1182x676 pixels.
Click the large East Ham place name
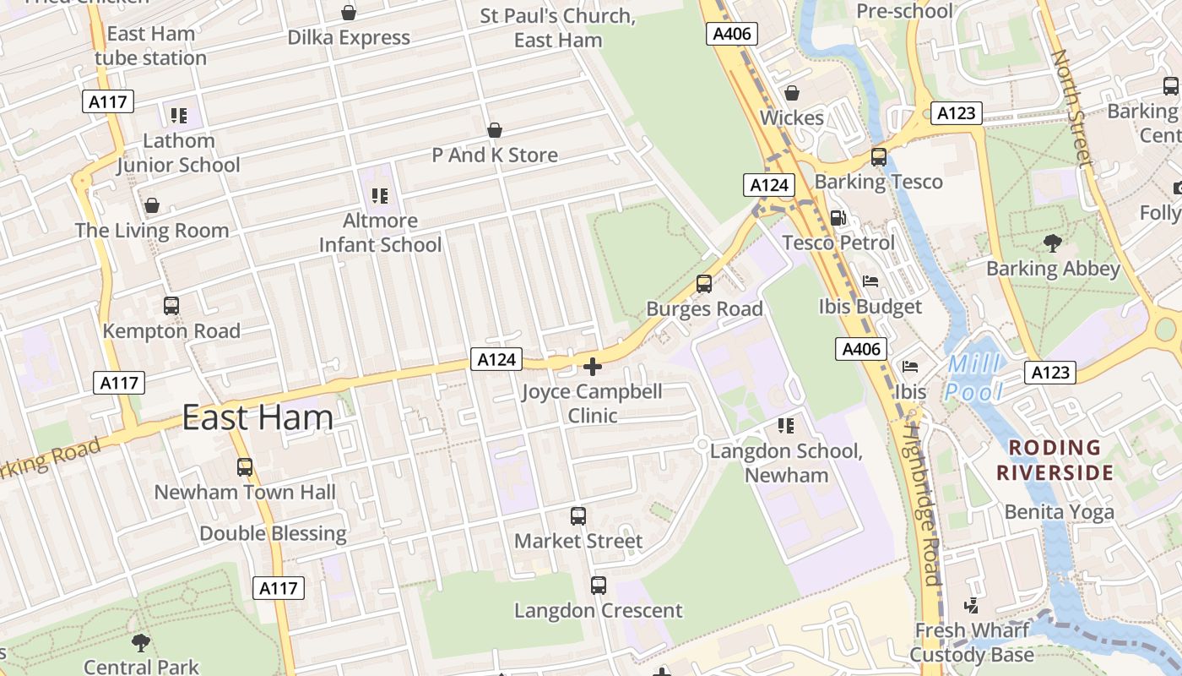(x=258, y=418)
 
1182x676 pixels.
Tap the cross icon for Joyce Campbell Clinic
(x=593, y=367)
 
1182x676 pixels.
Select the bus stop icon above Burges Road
(x=704, y=284)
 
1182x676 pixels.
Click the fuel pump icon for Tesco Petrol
(x=838, y=218)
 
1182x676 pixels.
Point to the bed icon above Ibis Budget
(x=870, y=281)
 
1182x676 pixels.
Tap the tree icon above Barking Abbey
(x=1053, y=244)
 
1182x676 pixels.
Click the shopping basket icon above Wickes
(x=792, y=93)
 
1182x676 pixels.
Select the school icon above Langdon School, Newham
(x=786, y=426)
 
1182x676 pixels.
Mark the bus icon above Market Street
(x=578, y=516)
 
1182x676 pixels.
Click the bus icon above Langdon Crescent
(x=599, y=585)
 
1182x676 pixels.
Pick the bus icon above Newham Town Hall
(x=245, y=467)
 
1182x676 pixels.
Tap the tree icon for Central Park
(x=141, y=643)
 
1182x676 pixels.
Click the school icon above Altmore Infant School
(x=380, y=196)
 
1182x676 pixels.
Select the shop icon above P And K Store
(x=495, y=130)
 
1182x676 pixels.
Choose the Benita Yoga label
(x=1059, y=512)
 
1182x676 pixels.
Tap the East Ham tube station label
(x=151, y=46)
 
